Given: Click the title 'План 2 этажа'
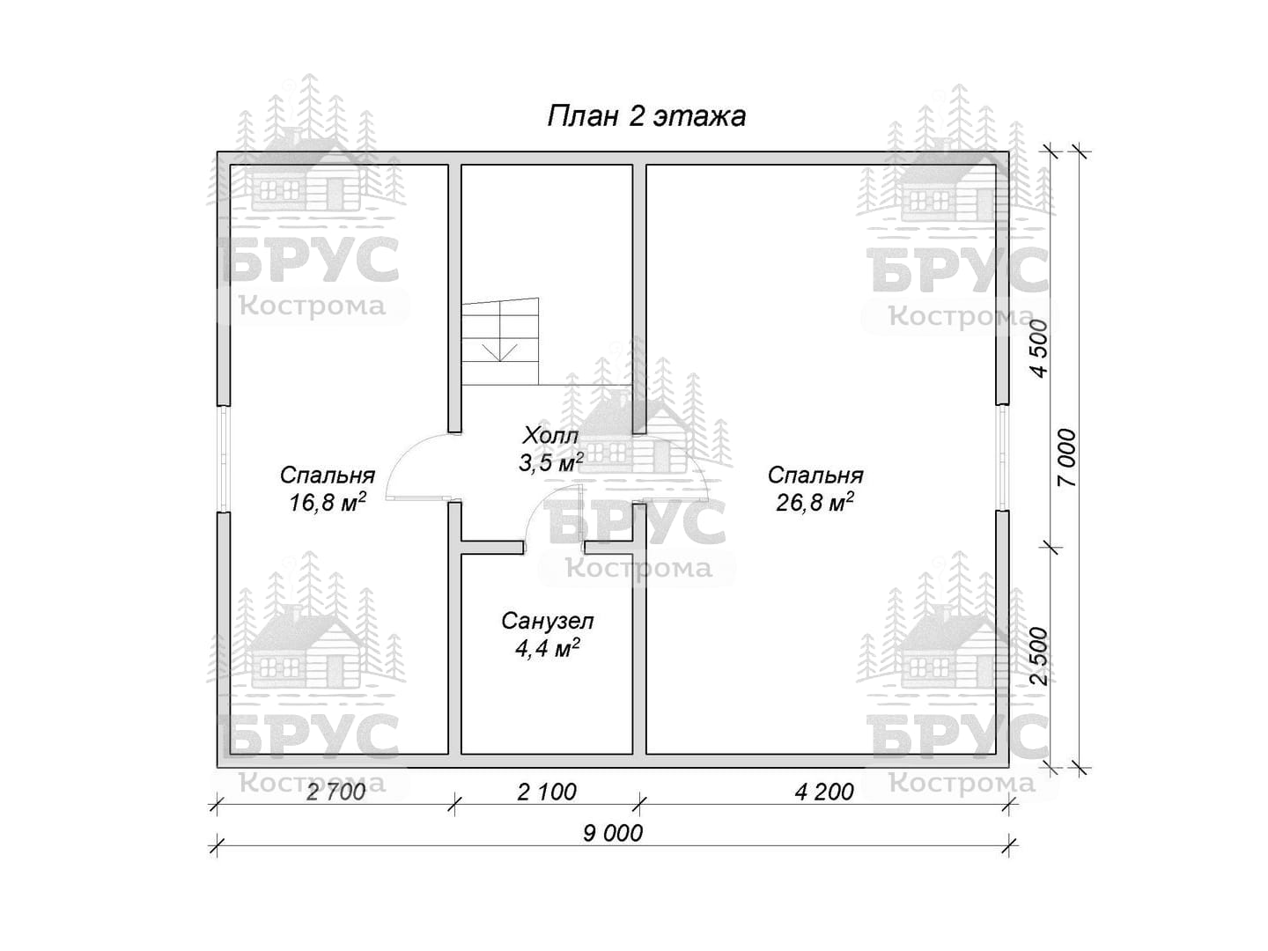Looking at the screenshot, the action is [x=645, y=116].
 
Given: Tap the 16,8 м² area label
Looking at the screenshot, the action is [x=328, y=502].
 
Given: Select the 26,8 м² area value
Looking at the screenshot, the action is [x=815, y=502].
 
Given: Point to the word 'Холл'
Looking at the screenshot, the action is [x=550, y=435].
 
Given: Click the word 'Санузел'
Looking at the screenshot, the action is [x=547, y=622].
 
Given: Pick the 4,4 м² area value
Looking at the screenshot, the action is [x=547, y=648].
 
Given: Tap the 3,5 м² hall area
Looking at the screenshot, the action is [x=550, y=462].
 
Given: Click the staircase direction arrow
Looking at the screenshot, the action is [x=500, y=351].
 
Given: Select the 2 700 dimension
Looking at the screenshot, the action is [x=335, y=792].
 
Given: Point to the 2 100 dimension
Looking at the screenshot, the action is [x=547, y=792].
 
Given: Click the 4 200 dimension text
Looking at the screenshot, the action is [x=824, y=792].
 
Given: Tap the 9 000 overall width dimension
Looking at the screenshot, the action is [x=612, y=833].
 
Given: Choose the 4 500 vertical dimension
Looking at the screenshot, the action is [x=1039, y=348].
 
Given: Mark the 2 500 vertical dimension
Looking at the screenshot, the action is [x=1039, y=655].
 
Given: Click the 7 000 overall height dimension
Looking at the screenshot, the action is [x=1067, y=458].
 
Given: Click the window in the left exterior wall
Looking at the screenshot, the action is [x=225, y=458].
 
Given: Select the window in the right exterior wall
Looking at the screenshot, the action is [x=1002, y=457].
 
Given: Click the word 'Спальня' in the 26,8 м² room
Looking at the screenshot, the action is [x=815, y=475].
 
